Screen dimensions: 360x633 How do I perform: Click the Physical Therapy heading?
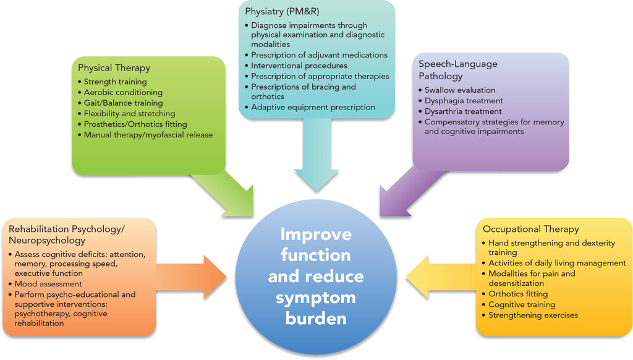[x=114, y=68]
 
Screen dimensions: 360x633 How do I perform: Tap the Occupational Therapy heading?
[x=530, y=229]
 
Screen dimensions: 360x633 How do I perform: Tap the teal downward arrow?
[x=316, y=162]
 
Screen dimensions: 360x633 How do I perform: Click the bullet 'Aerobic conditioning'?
[x=123, y=92]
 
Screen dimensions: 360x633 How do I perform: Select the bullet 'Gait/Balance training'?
[x=123, y=103]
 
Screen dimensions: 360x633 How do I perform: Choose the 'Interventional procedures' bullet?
[x=299, y=66]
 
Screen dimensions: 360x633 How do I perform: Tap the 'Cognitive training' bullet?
[x=522, y=305]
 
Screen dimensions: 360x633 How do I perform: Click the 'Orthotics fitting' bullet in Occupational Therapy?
[x=518, y=294]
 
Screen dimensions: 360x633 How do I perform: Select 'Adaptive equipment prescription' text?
[x=313, y=107]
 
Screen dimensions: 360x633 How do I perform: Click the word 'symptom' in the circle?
[x=316, y=298]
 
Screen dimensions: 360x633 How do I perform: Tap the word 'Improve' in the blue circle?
[x=316, y=234]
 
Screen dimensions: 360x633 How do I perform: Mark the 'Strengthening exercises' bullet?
[x=533, y=315]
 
